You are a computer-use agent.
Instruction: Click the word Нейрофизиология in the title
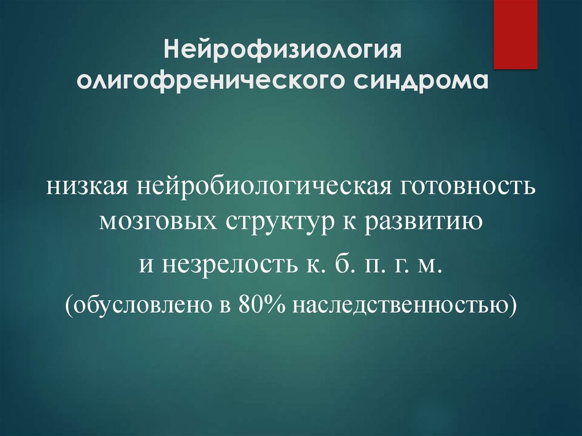click(283, 49)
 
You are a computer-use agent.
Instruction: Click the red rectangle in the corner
click(515, 35)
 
